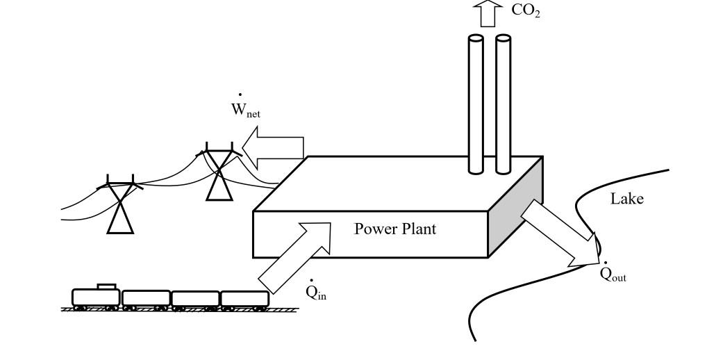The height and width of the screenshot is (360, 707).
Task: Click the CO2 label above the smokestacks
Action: click(525, 12)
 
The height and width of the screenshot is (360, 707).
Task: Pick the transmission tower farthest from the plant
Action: click(120, 204)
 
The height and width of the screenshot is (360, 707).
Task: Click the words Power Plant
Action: click(395, 229)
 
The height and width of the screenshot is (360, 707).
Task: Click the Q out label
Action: click(613, 273)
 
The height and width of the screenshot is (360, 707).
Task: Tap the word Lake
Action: click(626, 199)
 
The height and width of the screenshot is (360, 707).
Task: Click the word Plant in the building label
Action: click(416, 229)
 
